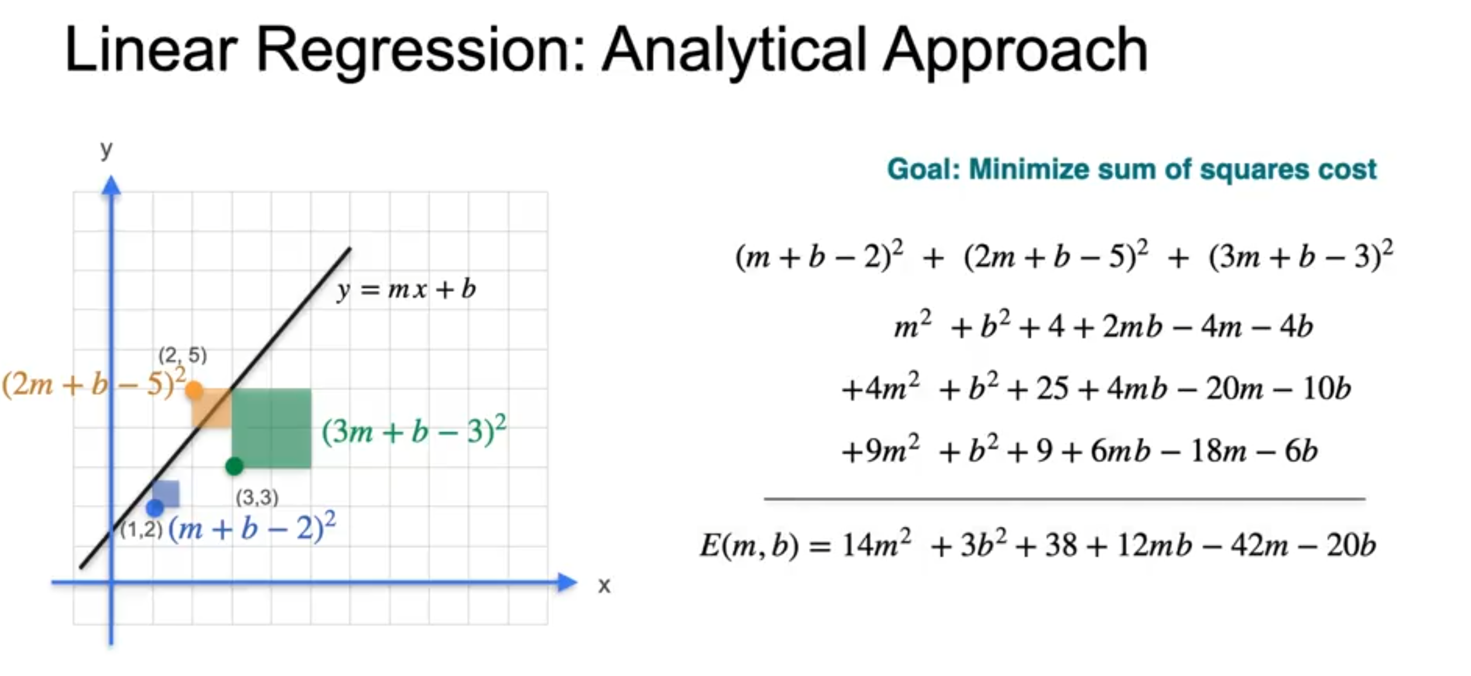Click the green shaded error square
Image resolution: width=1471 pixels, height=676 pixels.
tap(272, 428)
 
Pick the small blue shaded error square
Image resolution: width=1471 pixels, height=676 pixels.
tap(166, 494)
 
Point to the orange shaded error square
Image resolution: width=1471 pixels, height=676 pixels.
tap(212, 408)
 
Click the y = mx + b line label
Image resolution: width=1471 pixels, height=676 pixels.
tap(407, 289)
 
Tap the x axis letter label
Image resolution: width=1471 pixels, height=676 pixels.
tap(604, 585)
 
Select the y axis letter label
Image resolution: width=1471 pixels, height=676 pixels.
tap(106, 149)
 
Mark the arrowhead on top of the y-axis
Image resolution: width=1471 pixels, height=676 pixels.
tap(111, 185)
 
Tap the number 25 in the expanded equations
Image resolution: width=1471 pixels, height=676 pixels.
tap(1052, 388)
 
